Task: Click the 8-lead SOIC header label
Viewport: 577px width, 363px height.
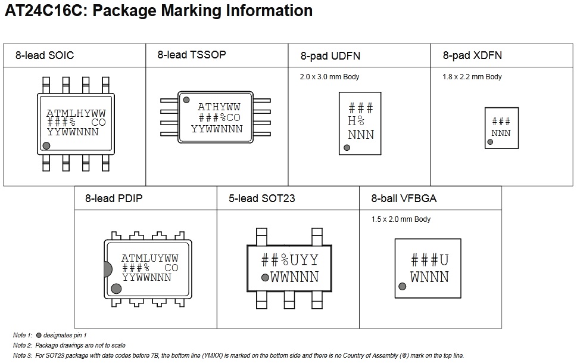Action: tap(45, 56)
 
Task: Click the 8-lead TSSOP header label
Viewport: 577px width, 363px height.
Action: tap(191, 54)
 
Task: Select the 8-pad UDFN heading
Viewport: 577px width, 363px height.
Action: tap(330, 56)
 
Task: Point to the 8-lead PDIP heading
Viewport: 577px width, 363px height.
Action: tap(113, 198)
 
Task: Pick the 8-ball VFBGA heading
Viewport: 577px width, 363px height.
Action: tap(404, 198)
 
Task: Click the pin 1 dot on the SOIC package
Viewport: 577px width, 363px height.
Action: tap(46, 145)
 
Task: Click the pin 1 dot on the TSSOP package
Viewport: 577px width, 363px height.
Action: tap(186, 100)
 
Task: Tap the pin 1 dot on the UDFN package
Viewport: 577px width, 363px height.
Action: tap(347, 147)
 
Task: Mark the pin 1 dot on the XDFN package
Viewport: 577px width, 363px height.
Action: tap(490, 142)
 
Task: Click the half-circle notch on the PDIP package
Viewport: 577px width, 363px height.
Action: tap(108, 269)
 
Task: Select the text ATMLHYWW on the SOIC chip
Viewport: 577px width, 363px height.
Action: tap(76, 113)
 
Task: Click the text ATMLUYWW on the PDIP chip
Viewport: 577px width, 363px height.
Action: tap(149, 259)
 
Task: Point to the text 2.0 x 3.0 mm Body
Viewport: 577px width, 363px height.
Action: tap(329, 77)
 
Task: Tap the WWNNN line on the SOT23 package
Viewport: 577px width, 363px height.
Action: tap(294, 277)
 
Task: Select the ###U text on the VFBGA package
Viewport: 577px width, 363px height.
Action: tap(429, 260)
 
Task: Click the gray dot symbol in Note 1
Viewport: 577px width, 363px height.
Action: tap(39, 336)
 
